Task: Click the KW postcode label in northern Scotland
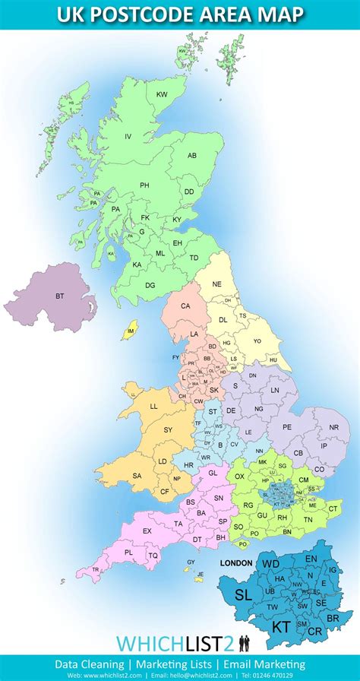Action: [x=162, y=94]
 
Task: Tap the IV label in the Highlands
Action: [x=128, y=136]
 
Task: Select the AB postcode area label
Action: [x=192, y=155]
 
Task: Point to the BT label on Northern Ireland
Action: [x=59, y=296]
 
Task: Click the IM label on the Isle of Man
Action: [x=131, y=331]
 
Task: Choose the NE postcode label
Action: [x=217, y=283]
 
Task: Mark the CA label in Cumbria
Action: [x=185, y=306]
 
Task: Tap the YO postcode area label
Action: [x=257, y=341]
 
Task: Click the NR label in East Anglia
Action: [x=334, y=428]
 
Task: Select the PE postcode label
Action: [x=287, y=427]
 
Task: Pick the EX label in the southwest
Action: [x=147, y=531]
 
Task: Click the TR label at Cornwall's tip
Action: [x=96, y=569]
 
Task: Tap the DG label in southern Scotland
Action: [x=150, y=284]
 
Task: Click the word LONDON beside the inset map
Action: [x=235, y=563]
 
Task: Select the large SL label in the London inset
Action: [x=243, y=594]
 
